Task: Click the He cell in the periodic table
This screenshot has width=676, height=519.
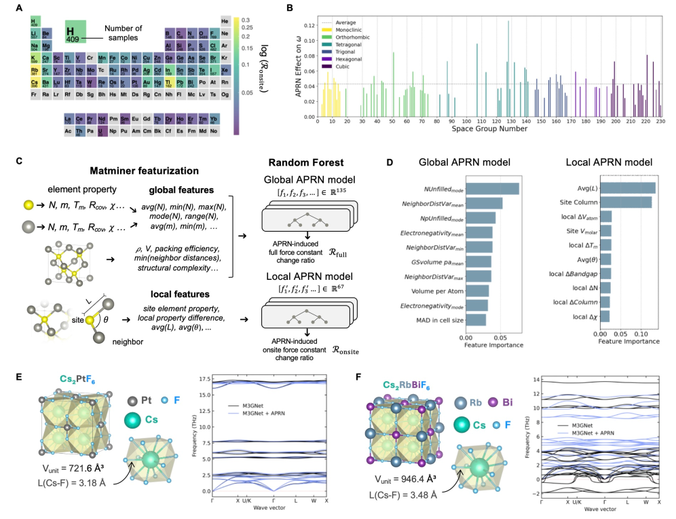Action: [x=224, y=20]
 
